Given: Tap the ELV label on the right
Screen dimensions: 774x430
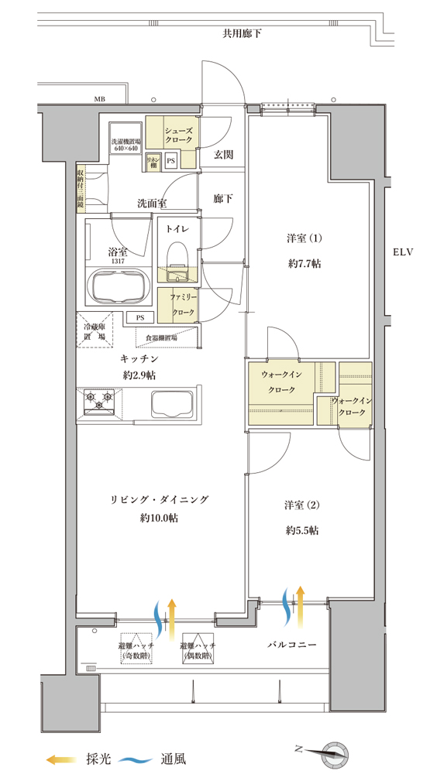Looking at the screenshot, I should pyautogui.click(x=404, y=252).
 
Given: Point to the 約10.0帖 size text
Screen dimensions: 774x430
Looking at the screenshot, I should pyautogui.click(x=160, y=518).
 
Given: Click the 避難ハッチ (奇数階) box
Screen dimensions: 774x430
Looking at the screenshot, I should pyautogui.click(x=137, y=650).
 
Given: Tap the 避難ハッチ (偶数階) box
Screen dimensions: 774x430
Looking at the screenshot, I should pyautogui.click(x=198, y=650).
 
